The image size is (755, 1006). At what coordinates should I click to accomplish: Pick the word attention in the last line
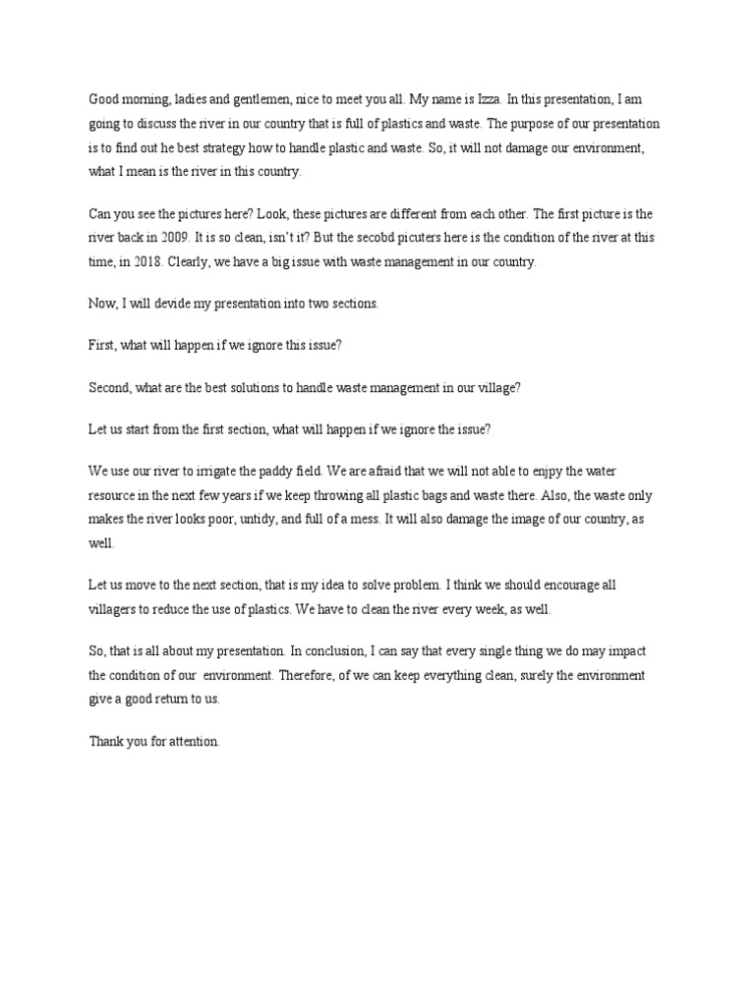tap(193, 742)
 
